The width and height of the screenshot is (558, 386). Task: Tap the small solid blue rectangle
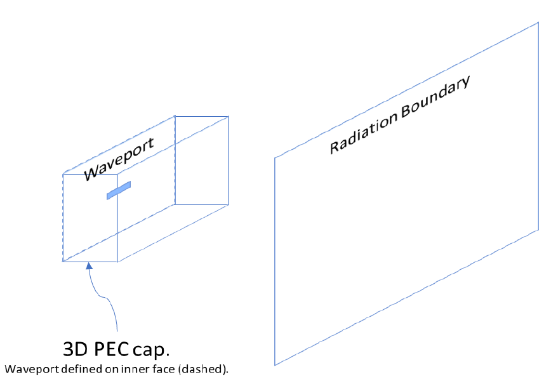(119, 190)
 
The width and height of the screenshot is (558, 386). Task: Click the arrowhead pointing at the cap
(90, 267)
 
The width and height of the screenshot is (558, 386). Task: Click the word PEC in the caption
(112, 349)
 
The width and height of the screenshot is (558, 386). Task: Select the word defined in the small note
(69, 369)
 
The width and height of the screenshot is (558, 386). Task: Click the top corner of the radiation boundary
(538, 22)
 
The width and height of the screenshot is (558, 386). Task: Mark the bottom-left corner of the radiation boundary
(275, 365)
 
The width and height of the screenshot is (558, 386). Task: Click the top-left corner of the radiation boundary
(275, 157)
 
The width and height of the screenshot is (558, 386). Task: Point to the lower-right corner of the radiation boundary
(538, 230)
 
